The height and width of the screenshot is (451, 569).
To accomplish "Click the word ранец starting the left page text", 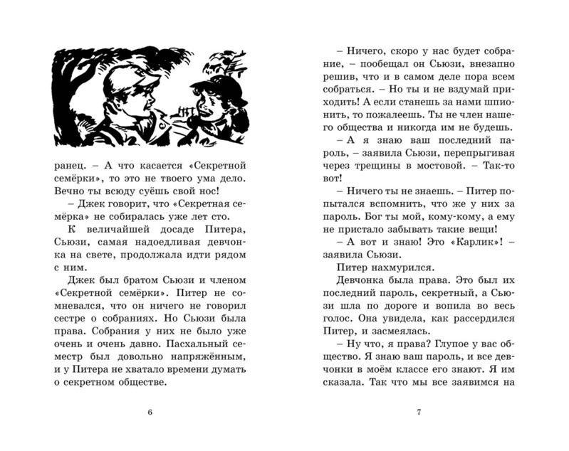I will pyautogui.click(x=69, y=166).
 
